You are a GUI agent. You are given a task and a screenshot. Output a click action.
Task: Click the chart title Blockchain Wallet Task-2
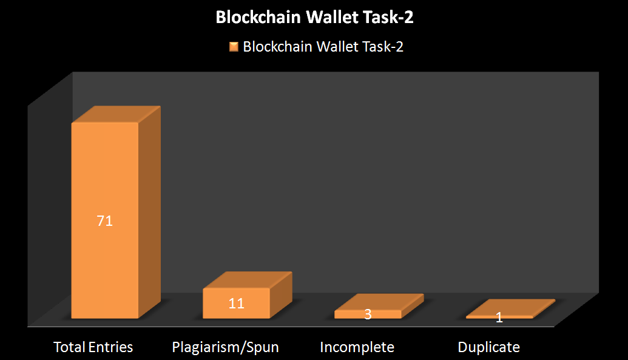[314, 18]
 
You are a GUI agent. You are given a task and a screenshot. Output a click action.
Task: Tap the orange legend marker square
[234, 47]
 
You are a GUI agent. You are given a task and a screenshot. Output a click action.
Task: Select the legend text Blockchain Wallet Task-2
[323, 47]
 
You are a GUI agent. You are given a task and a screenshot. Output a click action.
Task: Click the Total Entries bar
[105, 182]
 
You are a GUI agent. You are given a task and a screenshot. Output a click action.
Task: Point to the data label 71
[105, 221]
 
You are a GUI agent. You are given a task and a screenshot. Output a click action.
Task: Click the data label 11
[236, 304]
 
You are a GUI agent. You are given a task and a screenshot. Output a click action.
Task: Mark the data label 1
[499, 318]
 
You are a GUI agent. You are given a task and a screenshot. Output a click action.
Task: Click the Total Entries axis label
[93, 347]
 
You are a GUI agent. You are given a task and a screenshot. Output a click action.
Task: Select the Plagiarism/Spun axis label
[225, 347]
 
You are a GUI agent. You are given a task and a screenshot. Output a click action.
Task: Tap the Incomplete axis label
[357, 347]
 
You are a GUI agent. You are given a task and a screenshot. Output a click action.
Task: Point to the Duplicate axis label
[488, 347]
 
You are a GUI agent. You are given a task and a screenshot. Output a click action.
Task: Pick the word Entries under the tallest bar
[110, 347]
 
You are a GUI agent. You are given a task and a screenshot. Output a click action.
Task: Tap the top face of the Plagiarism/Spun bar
[248, 280]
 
